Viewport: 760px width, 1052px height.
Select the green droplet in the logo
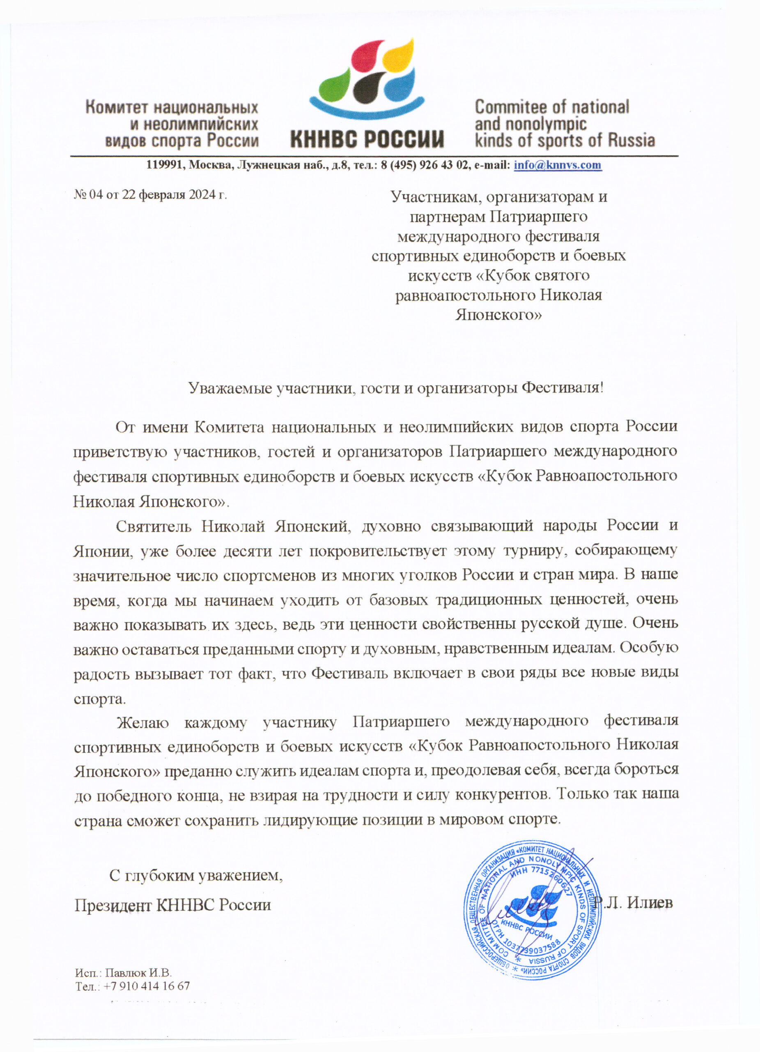point(334,85)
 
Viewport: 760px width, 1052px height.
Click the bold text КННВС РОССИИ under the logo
point(367,138)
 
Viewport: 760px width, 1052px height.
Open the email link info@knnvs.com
point(558,165)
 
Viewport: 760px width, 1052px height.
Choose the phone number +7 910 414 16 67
point(147,986)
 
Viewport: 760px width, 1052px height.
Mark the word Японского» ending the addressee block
point(498,315)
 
